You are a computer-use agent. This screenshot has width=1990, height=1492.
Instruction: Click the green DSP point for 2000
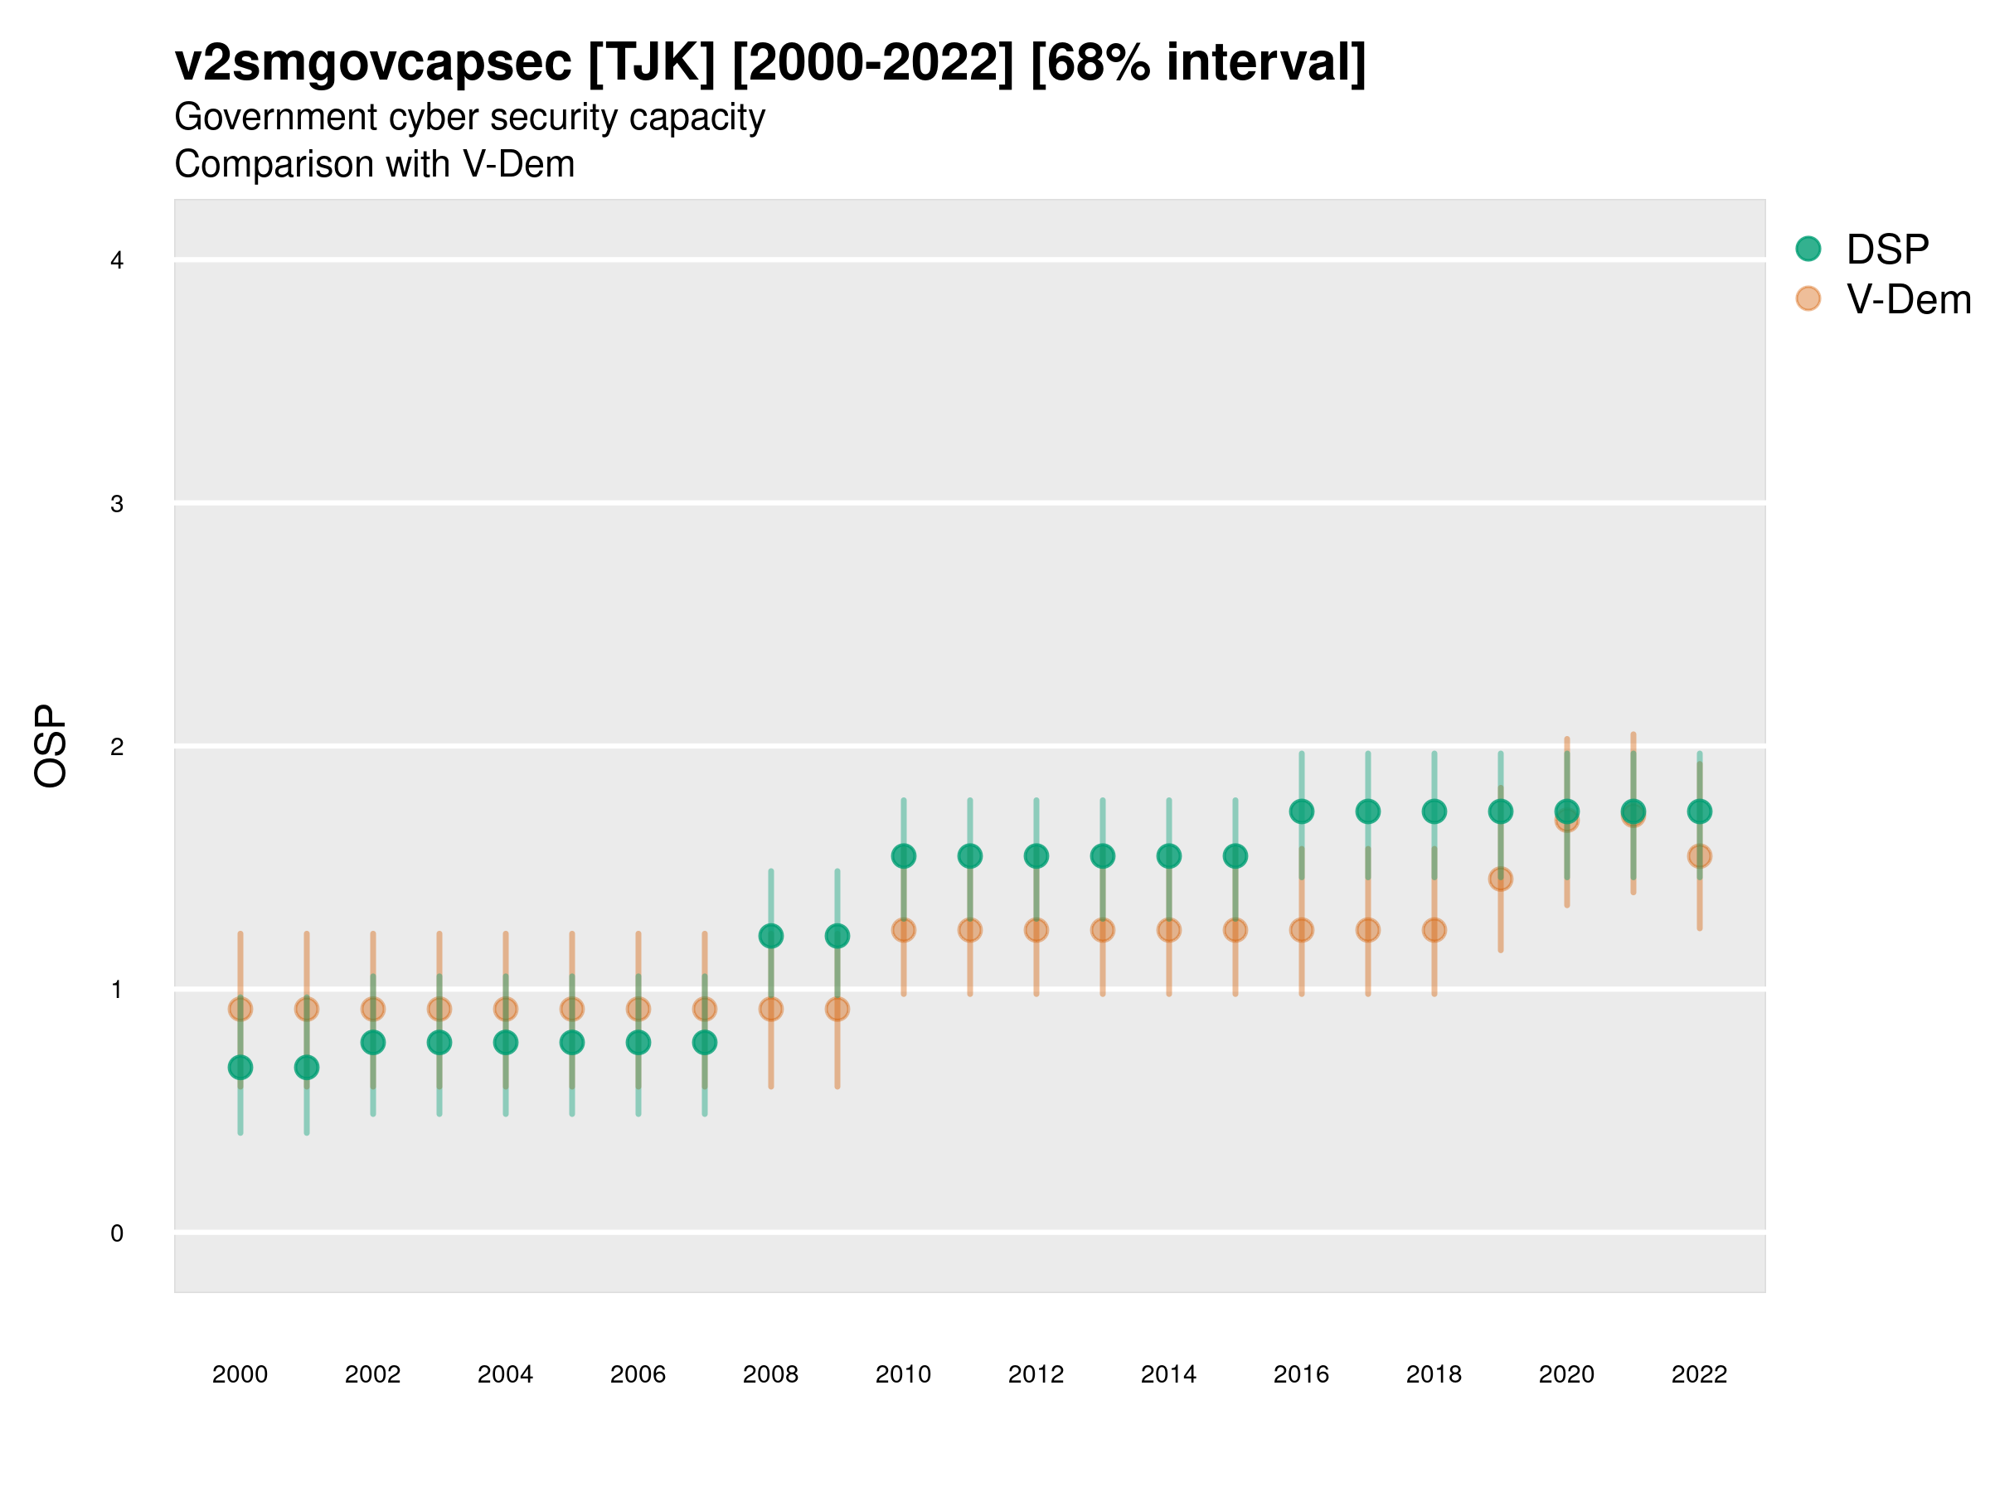(240, 1068)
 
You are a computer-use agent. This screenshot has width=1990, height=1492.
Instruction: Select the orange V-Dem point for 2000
(240, 1009)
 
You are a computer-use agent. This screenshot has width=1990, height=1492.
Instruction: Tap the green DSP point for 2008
(771, 936)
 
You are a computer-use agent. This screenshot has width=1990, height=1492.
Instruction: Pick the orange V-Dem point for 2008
(771, 1009)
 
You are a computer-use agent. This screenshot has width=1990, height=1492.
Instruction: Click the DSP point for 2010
(903, 856)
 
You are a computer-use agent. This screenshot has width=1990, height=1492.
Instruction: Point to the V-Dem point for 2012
(1036, 930)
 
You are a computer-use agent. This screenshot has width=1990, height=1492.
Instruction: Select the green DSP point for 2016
(1302, 811)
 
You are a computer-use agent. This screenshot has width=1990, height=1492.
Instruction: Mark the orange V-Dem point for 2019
(1501, 879)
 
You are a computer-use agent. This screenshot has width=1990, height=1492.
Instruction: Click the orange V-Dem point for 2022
(1700, 856)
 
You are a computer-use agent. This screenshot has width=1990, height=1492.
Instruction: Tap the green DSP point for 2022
(1700, 811)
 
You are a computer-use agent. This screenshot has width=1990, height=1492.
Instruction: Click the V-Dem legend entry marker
(1808, 298)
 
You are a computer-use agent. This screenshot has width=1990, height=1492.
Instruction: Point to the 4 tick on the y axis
(117, 261)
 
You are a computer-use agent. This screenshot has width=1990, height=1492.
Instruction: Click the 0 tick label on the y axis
(117, 1233)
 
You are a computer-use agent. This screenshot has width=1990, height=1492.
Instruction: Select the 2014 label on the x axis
(1168, 1374)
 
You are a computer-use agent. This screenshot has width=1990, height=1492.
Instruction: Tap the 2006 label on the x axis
(638, 1374)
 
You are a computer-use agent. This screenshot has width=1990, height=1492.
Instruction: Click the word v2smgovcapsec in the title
(373, 63)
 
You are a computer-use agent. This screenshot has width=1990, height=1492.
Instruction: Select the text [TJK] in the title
(653, 63)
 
